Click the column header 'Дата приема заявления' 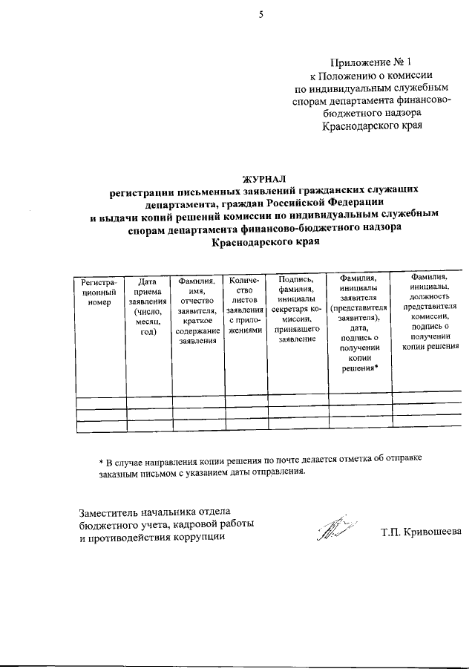(x=148, y=307)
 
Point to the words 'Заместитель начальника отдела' (x=155, y=511)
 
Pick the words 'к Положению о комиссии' (x=370, y=75)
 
